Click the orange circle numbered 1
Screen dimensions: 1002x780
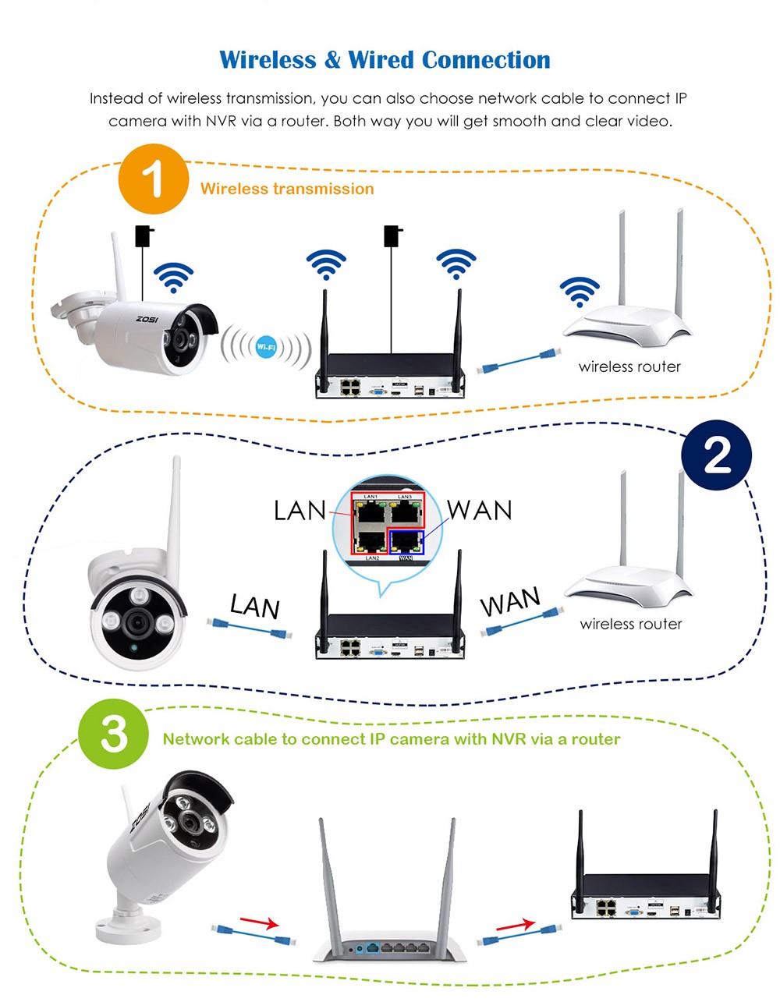pos(154,180)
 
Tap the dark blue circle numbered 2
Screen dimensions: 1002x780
pos(716,455)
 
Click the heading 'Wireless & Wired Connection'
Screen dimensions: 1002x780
pos(385,60)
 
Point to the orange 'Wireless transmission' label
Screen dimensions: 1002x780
pos(287,189)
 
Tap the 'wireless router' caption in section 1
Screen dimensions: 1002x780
pos(629,366)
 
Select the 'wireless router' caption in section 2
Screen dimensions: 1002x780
pos(631,624)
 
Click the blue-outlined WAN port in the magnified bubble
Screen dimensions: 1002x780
pos(406,543)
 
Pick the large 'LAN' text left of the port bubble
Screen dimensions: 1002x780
pos(300,511)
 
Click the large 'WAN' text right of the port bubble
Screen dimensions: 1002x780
pos(480,510)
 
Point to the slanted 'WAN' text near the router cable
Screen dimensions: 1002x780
pos(510,602)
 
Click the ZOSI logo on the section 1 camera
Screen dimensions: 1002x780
pos(147,319)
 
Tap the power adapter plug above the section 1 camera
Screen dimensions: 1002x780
pos(144,235)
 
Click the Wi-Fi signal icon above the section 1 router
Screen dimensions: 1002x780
pos(580,292)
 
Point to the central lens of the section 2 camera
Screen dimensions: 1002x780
pos(140,621)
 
